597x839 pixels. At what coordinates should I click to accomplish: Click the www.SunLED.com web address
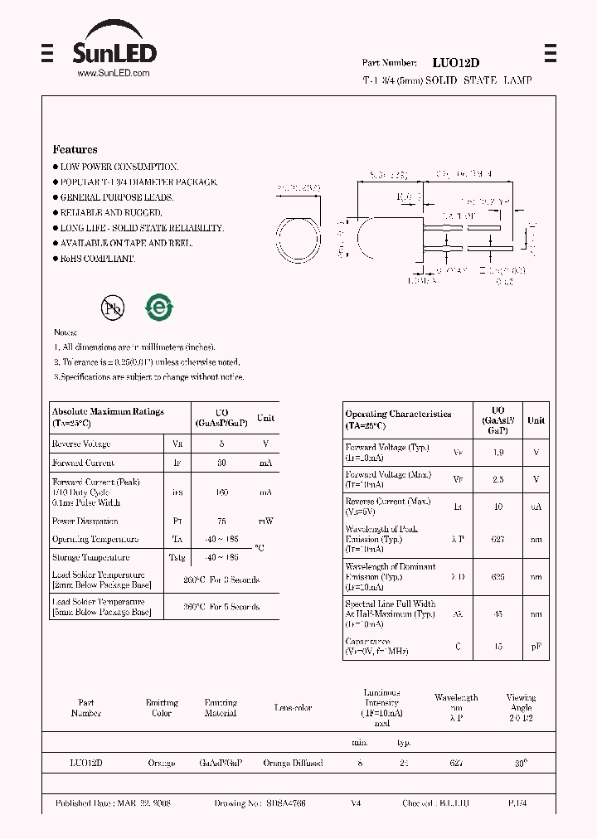coord(113,74)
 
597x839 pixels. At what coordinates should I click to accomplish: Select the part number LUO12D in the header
coord(455,63)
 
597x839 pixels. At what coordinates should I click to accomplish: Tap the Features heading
coord(75,150)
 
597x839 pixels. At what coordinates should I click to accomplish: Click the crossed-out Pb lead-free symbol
coord(111,308)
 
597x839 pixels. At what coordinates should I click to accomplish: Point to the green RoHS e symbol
coord(159,307)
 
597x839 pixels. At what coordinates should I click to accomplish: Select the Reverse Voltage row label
coord(81,444)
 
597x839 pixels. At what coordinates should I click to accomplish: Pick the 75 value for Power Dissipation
coord(221,521)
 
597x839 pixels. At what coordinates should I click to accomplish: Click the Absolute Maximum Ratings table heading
coord(108,412)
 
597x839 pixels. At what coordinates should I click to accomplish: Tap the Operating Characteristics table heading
coord(398,414)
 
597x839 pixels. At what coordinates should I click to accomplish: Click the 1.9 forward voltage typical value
coord(498,453)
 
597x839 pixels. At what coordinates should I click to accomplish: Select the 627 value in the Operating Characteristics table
coord(498,539)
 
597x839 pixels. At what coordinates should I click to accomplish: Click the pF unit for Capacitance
coord(536,647)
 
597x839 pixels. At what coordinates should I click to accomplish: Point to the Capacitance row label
coord(367,642)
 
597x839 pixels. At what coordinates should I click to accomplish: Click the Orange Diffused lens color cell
coord(293,763)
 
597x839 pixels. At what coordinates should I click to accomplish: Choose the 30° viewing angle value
coord(521,763)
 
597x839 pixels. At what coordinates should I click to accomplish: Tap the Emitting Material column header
coord(221,707)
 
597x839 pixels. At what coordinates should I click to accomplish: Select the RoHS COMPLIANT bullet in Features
coord(96,259)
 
